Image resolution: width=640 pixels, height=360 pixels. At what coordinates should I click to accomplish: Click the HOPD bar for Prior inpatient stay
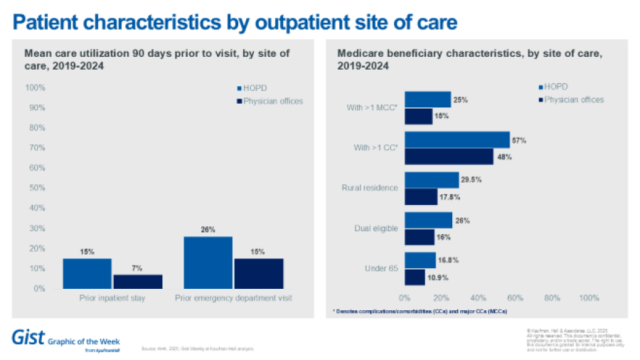coord(87,273)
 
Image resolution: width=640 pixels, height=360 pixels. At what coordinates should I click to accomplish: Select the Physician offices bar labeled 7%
coord(138,281)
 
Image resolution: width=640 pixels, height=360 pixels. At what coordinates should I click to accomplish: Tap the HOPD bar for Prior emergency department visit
coord(208,262)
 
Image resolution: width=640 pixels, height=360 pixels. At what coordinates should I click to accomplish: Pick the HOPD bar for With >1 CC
coord(457,139)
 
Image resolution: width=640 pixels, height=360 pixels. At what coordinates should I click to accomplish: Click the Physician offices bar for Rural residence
coord(420,196)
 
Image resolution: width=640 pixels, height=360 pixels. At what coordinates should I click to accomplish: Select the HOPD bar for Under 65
coord(420,260)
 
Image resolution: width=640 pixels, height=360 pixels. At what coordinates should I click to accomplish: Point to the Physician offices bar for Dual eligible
coord(419,237)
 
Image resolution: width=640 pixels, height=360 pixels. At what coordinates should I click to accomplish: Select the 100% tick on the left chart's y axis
coord(36,88)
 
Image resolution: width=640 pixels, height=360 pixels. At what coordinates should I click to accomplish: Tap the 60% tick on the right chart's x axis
coord(516,298)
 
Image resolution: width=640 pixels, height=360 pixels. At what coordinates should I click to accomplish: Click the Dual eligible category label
coord(376,228)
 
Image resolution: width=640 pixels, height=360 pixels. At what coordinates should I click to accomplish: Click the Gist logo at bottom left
coord(26,337)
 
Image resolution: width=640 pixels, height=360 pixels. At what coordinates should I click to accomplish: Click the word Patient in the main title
coord(50,23)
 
